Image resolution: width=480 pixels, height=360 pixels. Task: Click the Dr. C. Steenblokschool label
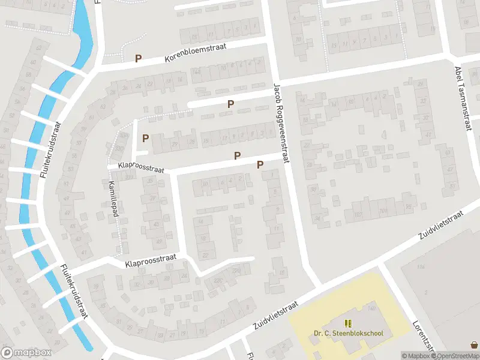[349, 334]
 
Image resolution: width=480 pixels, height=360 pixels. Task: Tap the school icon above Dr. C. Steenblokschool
[349, 323]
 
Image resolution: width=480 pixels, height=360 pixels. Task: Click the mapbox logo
[26, 353]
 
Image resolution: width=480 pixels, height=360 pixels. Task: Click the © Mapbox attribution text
[416, 356]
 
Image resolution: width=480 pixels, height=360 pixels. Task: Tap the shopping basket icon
[475, 345]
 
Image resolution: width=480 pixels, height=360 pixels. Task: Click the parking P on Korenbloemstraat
[139, 59]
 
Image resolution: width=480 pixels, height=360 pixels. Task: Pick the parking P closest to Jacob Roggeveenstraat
[260, 164]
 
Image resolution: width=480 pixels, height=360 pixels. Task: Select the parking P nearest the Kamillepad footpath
[146, 139]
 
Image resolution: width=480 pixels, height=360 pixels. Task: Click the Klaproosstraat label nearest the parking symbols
[142, 166]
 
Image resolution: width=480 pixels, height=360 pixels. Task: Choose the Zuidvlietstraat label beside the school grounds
[275, 316]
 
